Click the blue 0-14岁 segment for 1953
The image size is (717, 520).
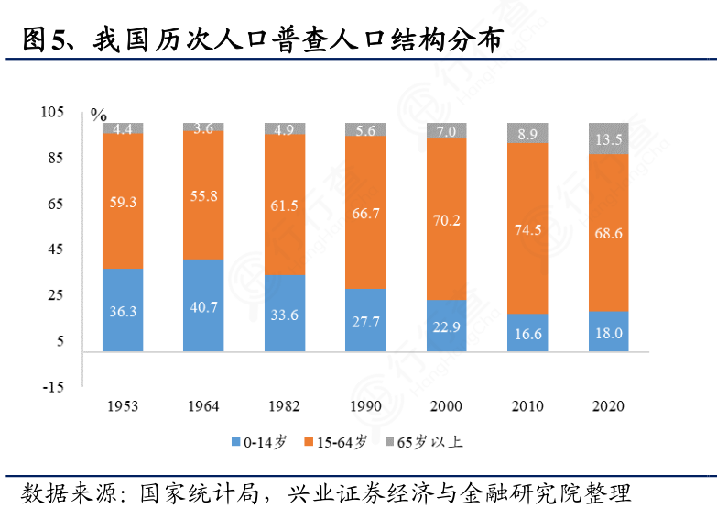123,310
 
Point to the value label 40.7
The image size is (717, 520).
203,307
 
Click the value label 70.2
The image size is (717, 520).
447,220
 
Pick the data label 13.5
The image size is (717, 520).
609,139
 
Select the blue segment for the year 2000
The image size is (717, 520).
447,326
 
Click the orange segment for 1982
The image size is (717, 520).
285,204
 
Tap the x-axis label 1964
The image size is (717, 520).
203,405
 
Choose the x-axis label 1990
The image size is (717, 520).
365,405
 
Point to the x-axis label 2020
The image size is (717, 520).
609,405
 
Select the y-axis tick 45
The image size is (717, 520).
54,249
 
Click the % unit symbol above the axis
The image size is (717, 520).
98,115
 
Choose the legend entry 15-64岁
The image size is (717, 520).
342,442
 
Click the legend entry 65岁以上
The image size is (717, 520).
429,442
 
